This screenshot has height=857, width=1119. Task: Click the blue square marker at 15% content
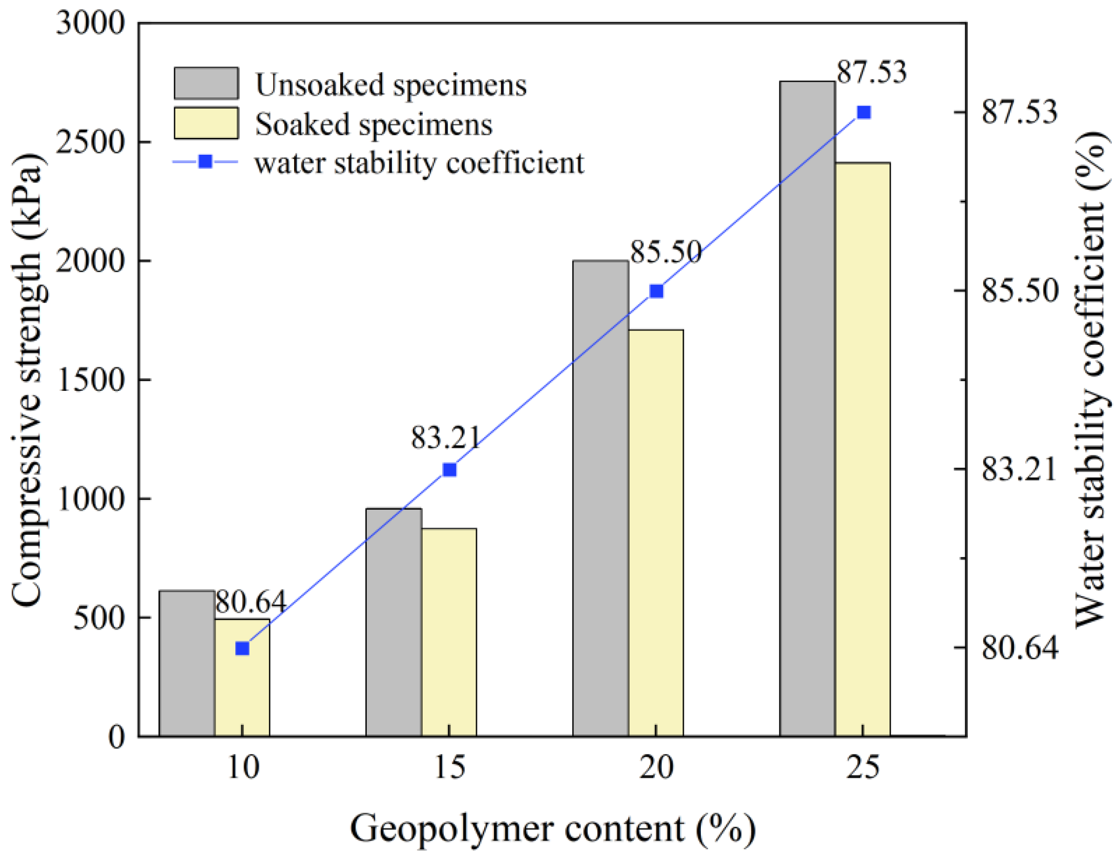pos(449,470)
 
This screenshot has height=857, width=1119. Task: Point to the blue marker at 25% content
pos(864,112)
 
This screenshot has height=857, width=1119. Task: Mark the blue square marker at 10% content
pos(242,649)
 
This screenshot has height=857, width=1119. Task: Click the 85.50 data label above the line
pos(665,252)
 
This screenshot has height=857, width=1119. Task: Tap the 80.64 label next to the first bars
pos(250,601)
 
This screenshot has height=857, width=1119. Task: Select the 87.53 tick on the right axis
pos(1019,112)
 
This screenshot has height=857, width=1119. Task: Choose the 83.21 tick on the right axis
pos(1019,469)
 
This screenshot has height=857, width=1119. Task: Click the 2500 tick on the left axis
pos(90,142)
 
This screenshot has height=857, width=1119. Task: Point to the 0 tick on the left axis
pos(116,737)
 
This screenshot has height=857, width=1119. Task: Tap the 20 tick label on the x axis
pos(656,767)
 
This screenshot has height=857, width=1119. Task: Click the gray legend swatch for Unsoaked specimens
pos(206,83)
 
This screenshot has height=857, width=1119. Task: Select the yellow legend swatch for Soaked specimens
pos(206,123)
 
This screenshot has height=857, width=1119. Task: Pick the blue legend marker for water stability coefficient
pos(205,162)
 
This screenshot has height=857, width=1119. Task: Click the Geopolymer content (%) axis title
pos(552,829)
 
